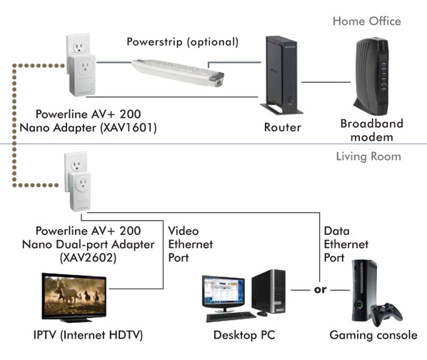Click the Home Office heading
pos(367,21)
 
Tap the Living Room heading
pos(368,156)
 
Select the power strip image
pos(178,72)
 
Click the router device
pos(281,75)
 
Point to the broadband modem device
pos(371,76)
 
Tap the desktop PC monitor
pos(223,294)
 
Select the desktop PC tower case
pos(268,291)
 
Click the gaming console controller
pos(387,314)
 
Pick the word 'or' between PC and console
pos(320,289)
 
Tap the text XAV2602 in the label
pos(88,257)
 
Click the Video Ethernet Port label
pos(191,244)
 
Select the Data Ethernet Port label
pos(346,244)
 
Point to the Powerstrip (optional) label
pos(183,42)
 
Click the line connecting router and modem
pos(326,82)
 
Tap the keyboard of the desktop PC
pos(231,316)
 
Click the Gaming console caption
pos(373,335)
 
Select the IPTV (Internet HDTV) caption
pos(88,335)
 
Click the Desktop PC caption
pos(244,335)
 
